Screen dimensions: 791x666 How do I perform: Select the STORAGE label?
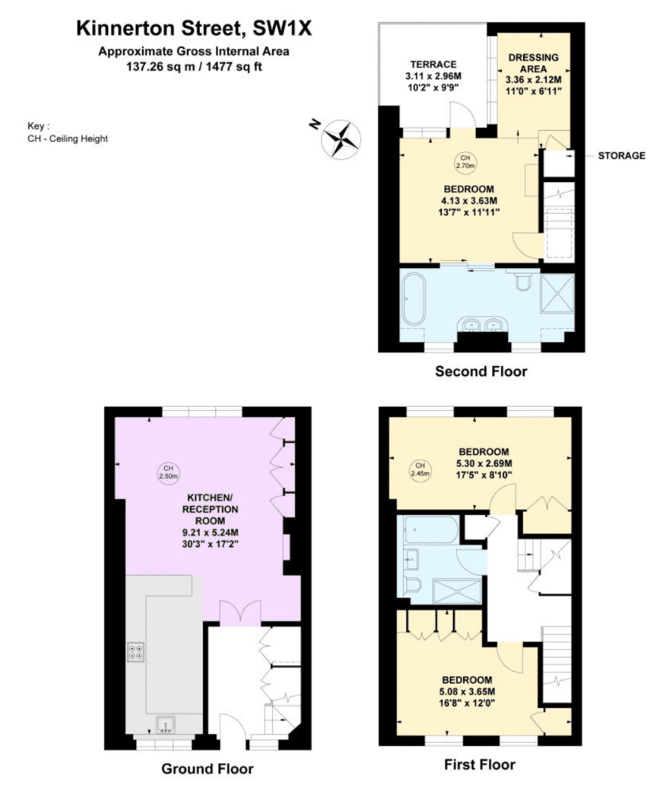click(621, 155)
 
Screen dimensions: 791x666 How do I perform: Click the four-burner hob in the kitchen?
click(137, 652)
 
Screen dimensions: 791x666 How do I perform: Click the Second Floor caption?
click(480, 371)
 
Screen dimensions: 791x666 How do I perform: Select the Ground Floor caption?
click(207, 769)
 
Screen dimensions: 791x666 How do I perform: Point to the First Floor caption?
click(480, 764)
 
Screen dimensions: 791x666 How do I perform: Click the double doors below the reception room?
click(241, 612)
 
